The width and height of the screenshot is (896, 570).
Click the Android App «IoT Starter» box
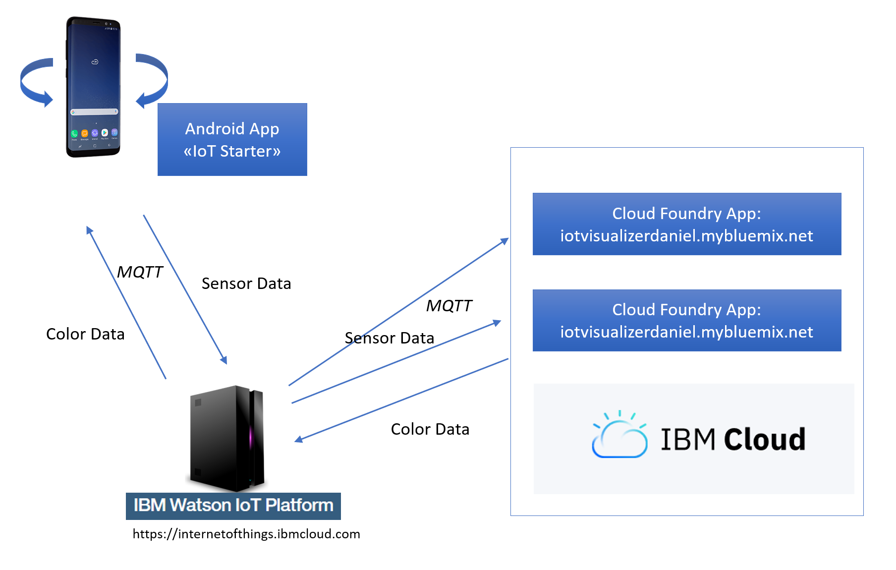[232, 139]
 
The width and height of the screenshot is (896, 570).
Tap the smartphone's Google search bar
[94, 112]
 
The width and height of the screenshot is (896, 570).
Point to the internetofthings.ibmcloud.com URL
[246, 534]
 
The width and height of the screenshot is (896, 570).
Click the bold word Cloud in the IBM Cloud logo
[765, 440]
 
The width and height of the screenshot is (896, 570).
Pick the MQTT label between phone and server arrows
[140, 272]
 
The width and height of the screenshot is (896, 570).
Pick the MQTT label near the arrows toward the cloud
[449, 306]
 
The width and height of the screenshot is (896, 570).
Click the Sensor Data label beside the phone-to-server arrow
[246, 284]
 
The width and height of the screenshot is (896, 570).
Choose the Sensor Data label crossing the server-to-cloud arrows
[390, 338]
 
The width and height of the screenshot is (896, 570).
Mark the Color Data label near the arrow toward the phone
[85, 334]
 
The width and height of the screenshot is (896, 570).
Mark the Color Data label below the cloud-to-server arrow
[430, 429]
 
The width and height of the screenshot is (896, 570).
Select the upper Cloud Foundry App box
[687, 224]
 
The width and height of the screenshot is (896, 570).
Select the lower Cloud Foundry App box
[687, 320]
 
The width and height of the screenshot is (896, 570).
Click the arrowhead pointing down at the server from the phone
[224, 360]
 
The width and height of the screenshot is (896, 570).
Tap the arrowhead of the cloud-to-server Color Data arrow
[298, 439]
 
